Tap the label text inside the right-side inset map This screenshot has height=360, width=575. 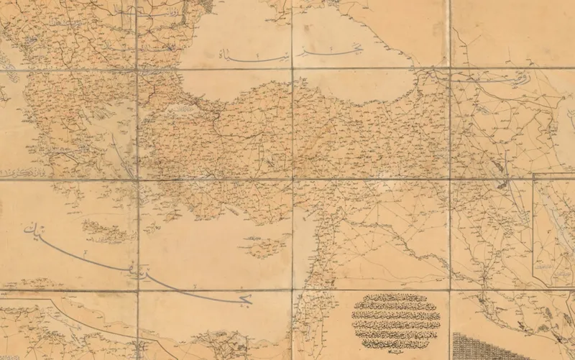(x=554, y=267)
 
